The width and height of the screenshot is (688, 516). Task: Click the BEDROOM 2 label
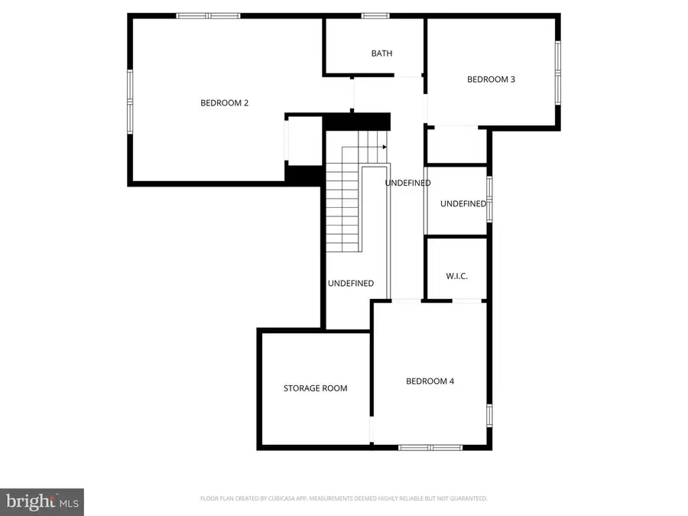224,103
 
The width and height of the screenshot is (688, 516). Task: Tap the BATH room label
381,54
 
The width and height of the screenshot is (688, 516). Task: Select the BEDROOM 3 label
491,79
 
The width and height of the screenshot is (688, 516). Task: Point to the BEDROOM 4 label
430,381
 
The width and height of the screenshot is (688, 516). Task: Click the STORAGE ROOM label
315,388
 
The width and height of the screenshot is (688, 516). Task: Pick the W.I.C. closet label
456,276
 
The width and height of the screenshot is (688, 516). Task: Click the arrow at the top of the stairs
384,147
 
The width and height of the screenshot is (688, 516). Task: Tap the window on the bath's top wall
375,15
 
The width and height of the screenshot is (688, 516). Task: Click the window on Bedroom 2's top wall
208,15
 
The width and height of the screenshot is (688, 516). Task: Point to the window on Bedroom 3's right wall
558,73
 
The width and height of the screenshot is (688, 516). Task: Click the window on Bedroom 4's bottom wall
430,447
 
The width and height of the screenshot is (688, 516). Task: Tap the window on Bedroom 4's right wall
489,414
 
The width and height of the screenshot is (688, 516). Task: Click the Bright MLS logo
42,501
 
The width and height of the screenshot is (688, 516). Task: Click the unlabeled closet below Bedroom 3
456,145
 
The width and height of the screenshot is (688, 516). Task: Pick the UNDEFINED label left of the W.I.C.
351,284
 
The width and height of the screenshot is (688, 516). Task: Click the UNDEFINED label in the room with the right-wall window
462,204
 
